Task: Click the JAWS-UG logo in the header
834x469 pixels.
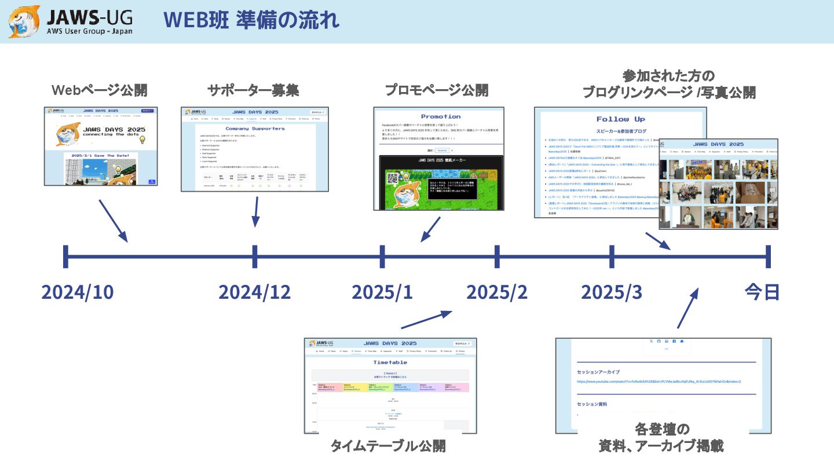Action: coord(70,21)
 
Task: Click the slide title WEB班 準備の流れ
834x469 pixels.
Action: coord(251,21)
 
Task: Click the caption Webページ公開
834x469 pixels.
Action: coord(99,90)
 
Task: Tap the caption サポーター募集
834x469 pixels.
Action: coord(253,90)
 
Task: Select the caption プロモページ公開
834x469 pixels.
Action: coord(437,90)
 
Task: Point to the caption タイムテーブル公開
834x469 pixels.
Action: coord(387,445)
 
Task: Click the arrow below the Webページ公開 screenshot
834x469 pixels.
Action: coord(113,221)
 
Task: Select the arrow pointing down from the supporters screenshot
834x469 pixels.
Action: coord(255,212)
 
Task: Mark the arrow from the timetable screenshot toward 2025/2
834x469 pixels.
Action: coord(426,320)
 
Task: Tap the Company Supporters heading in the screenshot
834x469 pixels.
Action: coord(255,128)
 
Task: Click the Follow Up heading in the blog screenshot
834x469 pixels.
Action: coord(620,119)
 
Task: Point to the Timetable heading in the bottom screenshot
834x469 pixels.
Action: coord(390,362)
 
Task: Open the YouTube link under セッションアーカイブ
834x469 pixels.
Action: coord(659,382)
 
